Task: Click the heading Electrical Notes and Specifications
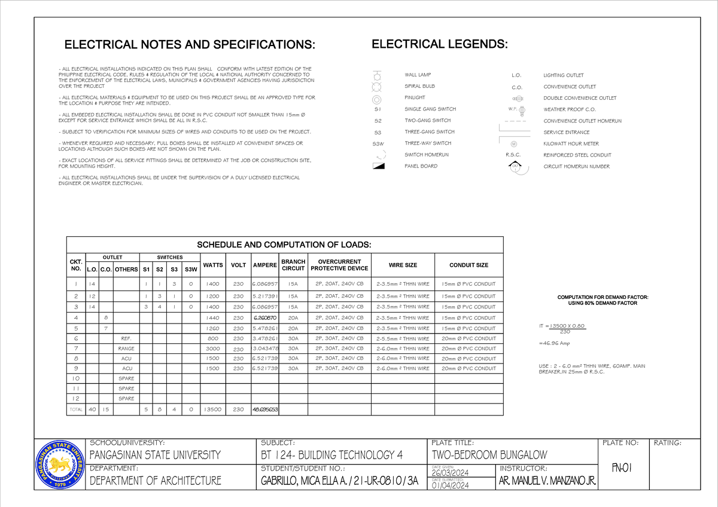188,45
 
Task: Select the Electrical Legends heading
440,44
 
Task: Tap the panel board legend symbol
378,166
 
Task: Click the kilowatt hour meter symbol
514,144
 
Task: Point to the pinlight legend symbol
377,98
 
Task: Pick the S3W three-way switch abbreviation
378,143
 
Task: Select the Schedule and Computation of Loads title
284,245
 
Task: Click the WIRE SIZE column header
403,265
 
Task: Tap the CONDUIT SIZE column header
468,265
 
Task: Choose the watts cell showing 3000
213,349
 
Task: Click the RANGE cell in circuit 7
126,349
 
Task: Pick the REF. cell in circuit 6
126,338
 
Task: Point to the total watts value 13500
213,410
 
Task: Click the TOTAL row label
75,410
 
